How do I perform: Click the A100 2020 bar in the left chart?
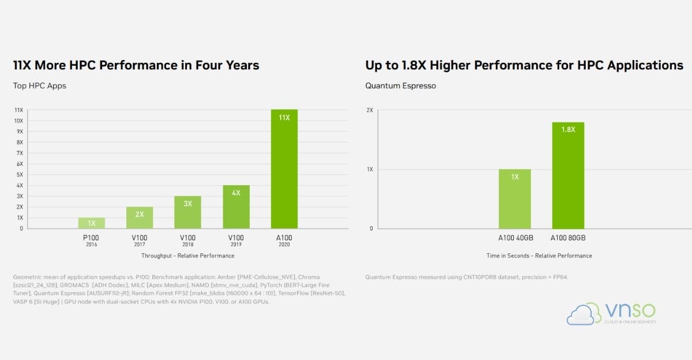coord(284,168)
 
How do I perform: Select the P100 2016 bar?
coord(92,223)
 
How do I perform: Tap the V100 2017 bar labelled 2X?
coord(140,217)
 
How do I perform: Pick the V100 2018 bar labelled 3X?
coord(187,212)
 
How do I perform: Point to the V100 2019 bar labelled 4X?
coord(236,207)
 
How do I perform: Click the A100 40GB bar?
coord(514,198)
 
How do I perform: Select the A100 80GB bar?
coord(568,175)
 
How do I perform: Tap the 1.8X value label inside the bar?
coord(568,129)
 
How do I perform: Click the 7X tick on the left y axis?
coord(20,153)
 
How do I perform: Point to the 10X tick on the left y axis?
coord(18,121)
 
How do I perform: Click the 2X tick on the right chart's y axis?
coord(370,110)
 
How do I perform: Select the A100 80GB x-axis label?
coord(568,238)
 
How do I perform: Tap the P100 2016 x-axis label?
coord(91,241)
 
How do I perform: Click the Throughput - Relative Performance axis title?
coord(188,256)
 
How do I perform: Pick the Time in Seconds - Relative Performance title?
coord(539,256)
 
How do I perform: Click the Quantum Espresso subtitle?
coord(400,85)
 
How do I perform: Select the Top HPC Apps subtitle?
coord(40,85)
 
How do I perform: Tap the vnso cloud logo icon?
coord(584,314)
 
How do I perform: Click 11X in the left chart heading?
coord(22,65)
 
